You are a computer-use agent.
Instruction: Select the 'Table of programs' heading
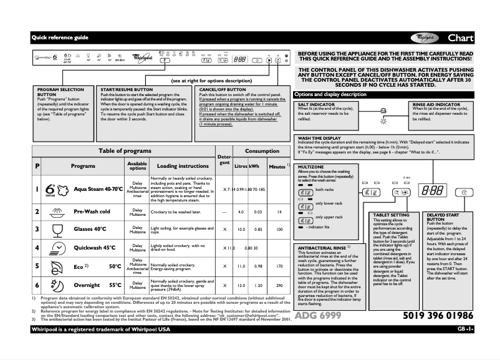coord(122,151)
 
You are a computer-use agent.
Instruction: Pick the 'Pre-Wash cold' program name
coord(92,212)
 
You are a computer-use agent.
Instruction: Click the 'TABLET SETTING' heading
coord(391,215)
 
